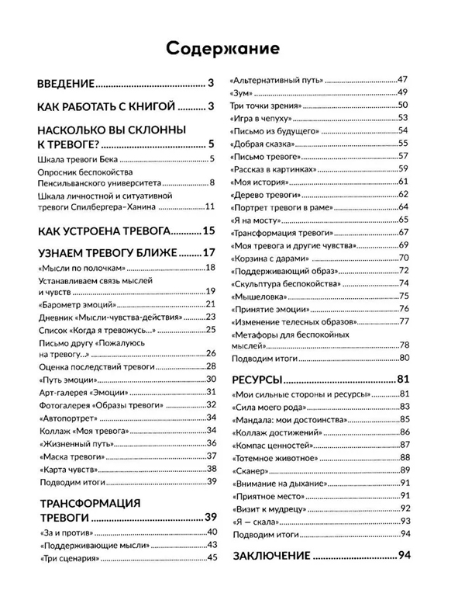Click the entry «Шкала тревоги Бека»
(77, 160)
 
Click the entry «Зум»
(240, 93)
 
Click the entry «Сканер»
(250, 470)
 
